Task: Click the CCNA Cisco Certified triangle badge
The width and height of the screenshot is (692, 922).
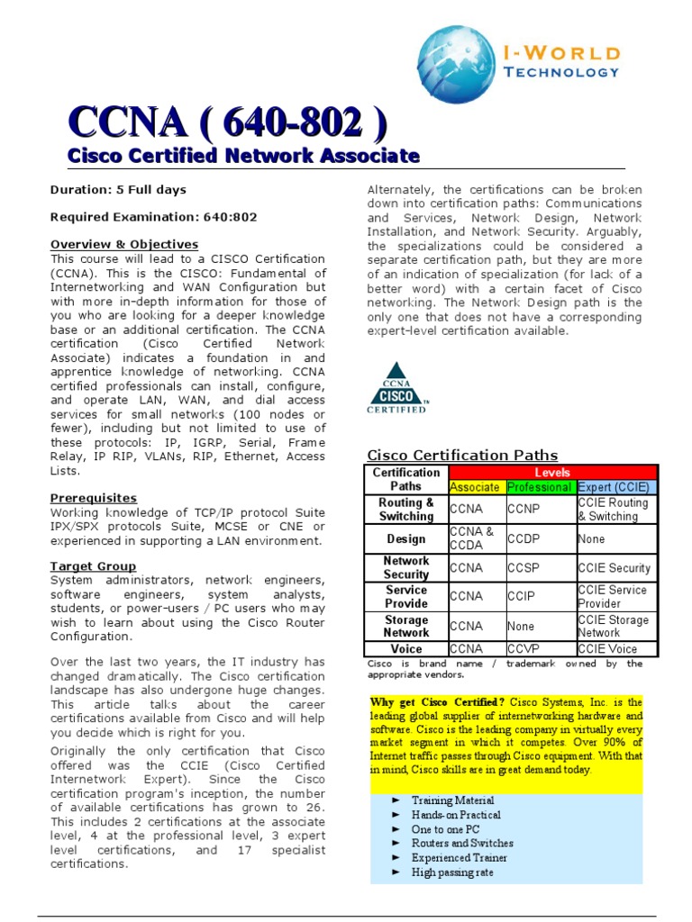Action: click(396, 388)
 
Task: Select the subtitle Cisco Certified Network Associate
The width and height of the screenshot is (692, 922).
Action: click(244, 156)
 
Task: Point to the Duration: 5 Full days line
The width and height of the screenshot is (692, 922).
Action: click(118, 190)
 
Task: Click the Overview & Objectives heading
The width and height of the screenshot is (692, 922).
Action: click(124, 244)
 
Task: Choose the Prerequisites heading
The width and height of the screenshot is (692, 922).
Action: click(94, 498)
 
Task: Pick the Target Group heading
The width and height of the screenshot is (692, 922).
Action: click(94, 566)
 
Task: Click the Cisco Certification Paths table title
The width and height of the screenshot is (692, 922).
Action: click(462, 456)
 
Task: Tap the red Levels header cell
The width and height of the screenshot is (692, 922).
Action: click(553, 473)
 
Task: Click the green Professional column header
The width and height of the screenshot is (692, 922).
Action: click(539, 487)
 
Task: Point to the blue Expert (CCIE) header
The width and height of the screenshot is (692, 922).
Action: click(616, 487)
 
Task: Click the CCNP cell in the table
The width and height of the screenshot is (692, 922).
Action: click(522, 510)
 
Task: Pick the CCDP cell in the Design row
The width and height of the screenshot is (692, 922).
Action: click(522, 539)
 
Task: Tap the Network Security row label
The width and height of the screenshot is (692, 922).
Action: click(406, 567)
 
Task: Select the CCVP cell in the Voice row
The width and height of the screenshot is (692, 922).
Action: click(522, 648)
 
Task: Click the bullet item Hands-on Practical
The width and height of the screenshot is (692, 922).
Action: click(456, 815)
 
